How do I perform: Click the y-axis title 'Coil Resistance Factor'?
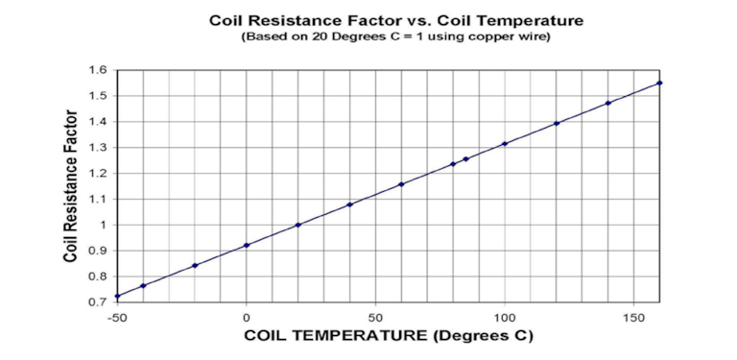point(71,186)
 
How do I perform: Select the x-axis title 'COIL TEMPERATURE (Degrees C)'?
point(388,336)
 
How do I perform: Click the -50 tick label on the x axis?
point(118,316)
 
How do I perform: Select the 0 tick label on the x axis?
point(247,316)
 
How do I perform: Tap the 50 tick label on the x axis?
point(375,316)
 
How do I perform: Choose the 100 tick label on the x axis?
point(505,316)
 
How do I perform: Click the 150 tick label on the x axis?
point(633,316)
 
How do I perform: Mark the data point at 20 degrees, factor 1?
point(298,225)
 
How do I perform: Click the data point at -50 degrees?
point(118,296)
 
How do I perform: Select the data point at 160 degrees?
point(659,84)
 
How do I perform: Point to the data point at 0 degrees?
point(247,245)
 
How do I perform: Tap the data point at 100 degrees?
point(505,144)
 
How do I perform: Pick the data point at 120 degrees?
point(557,123)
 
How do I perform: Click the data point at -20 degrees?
point(195,265)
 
